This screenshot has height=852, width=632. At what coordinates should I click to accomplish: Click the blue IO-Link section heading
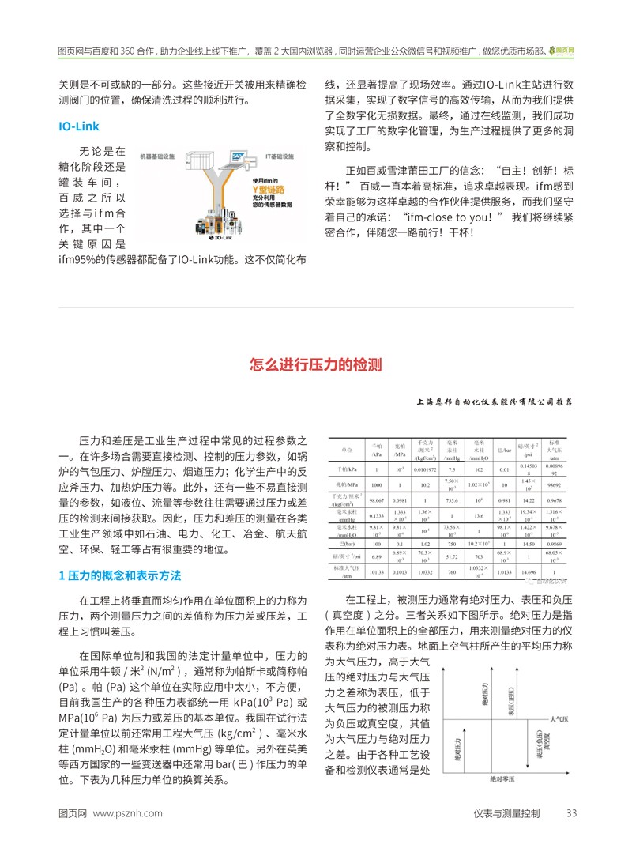[79, 126]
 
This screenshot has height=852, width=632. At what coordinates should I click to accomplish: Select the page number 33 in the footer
[572, 812]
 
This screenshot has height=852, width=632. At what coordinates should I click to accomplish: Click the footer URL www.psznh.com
[128, 812]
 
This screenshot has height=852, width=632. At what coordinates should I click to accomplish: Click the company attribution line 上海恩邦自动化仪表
[494, 401]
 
